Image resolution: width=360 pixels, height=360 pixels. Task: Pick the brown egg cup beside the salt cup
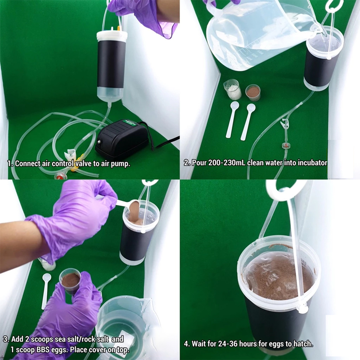point(253,92)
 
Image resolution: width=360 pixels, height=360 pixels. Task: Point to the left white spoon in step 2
point(233,118)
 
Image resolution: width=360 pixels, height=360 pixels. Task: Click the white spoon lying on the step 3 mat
point(45,290)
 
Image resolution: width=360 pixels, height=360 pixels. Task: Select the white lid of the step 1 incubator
point(112,35)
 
